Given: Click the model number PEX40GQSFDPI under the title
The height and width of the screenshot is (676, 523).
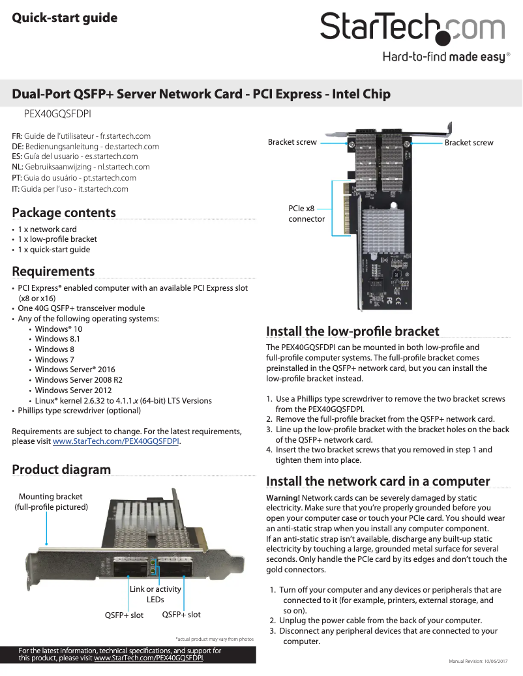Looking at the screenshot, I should tap(57, 113).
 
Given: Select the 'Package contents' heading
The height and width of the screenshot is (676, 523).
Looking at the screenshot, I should tap(64, 213).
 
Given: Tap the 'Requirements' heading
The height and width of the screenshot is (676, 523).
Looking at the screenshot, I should tap(53, 271).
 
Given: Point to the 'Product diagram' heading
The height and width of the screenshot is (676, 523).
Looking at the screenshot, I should tap(61, 469).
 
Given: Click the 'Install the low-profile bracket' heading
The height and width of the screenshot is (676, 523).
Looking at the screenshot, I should tap(353, 331).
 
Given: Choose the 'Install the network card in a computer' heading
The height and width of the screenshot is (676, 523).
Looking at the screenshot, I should tap(378, 481).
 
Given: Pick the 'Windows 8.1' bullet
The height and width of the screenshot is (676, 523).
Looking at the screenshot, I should tap(57, 339).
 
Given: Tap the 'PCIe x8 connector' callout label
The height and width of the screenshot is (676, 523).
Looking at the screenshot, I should tap(306, 214).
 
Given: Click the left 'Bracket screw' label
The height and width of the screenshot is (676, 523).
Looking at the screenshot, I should tap(292, 142).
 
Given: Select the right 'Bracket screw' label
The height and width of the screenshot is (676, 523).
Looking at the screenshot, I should tap(469, 143).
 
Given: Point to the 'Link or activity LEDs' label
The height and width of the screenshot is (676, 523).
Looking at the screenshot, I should tap(155, 595).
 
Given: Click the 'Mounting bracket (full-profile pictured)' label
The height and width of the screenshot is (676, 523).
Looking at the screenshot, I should tap(51, 501).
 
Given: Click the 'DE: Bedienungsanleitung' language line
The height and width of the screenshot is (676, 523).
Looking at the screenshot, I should tap(85, 147).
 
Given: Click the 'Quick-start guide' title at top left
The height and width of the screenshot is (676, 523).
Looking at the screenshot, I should tap(65, 18).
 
